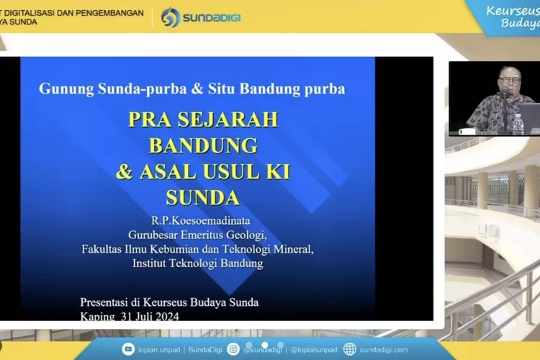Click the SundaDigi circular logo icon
[x=171, y=17]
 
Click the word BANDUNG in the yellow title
[x=203, y=145]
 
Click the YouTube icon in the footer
[x=128, y=349]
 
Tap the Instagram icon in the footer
[x=233, y=349]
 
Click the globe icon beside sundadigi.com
[x=350, y=349]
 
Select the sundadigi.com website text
[x=384, y=349]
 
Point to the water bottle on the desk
[x=518, y=123]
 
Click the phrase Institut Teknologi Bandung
[x=198, y=264]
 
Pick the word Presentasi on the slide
[x=109, y=302]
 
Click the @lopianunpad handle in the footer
[x=315, y=349]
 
